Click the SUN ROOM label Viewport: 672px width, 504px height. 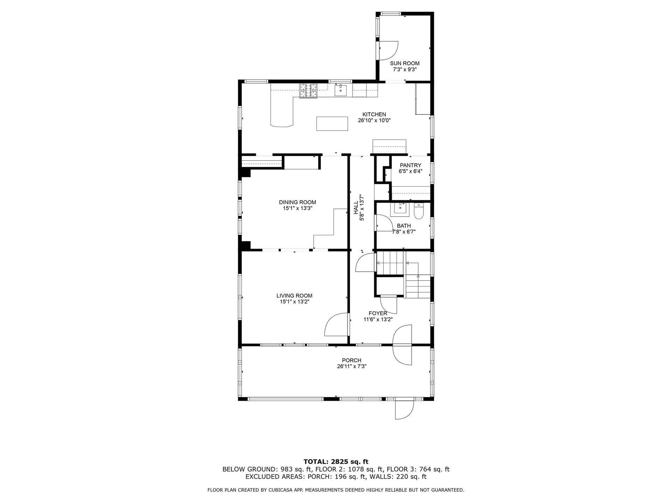405,63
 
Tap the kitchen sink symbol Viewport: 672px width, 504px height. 341,90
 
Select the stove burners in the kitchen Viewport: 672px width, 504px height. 308,91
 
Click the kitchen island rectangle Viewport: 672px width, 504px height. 332,124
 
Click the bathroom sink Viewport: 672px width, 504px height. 400,208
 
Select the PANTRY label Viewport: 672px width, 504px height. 411,165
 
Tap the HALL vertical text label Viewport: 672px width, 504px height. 356,208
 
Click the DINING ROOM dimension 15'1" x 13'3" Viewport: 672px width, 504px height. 297,208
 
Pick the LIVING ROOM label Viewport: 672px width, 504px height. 294,296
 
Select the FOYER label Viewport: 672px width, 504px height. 378,313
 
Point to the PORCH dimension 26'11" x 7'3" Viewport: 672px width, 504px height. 351,366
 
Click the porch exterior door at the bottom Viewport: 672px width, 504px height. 404,410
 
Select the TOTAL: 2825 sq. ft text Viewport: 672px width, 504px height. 336,462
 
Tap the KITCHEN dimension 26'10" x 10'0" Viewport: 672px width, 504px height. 374,120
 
